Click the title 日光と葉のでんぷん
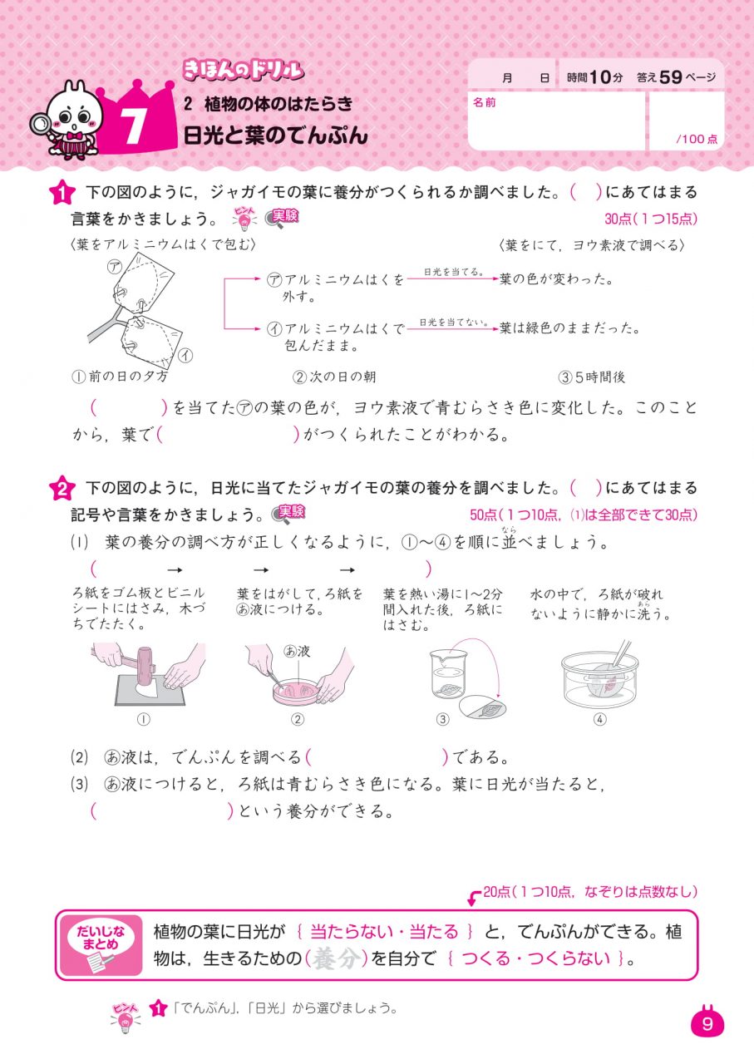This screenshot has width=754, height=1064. (275, 135)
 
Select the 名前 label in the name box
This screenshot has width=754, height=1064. (485, 102)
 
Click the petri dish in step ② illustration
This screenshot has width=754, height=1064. (289, 687)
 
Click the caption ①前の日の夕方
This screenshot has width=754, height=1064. (120, 377)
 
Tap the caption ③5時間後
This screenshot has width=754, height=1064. (592, 377)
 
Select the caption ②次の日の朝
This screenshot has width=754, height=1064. (334, 377)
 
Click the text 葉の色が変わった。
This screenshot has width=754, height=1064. (556, 280)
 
